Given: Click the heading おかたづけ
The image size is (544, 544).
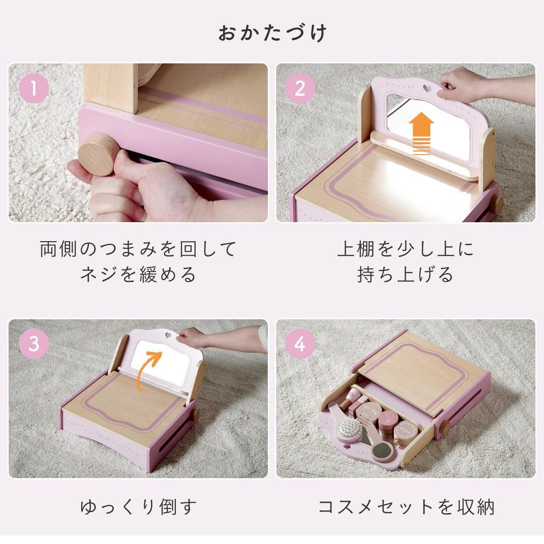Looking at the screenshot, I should coord(272,33).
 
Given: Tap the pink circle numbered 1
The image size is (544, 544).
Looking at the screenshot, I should coord(34,88).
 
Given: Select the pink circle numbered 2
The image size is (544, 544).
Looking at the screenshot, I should coord(300,88).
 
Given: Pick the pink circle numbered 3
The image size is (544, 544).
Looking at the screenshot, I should coord(34,344).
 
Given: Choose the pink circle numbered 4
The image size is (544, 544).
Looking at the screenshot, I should coord(300,344).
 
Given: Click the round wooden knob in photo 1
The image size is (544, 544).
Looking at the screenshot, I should coord(99,154).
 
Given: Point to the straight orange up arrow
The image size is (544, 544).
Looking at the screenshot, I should coord(421,133).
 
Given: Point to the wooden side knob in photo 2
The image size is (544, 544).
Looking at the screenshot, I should coord(496,204).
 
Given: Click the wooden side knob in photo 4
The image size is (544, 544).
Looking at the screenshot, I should coord(444,427).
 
